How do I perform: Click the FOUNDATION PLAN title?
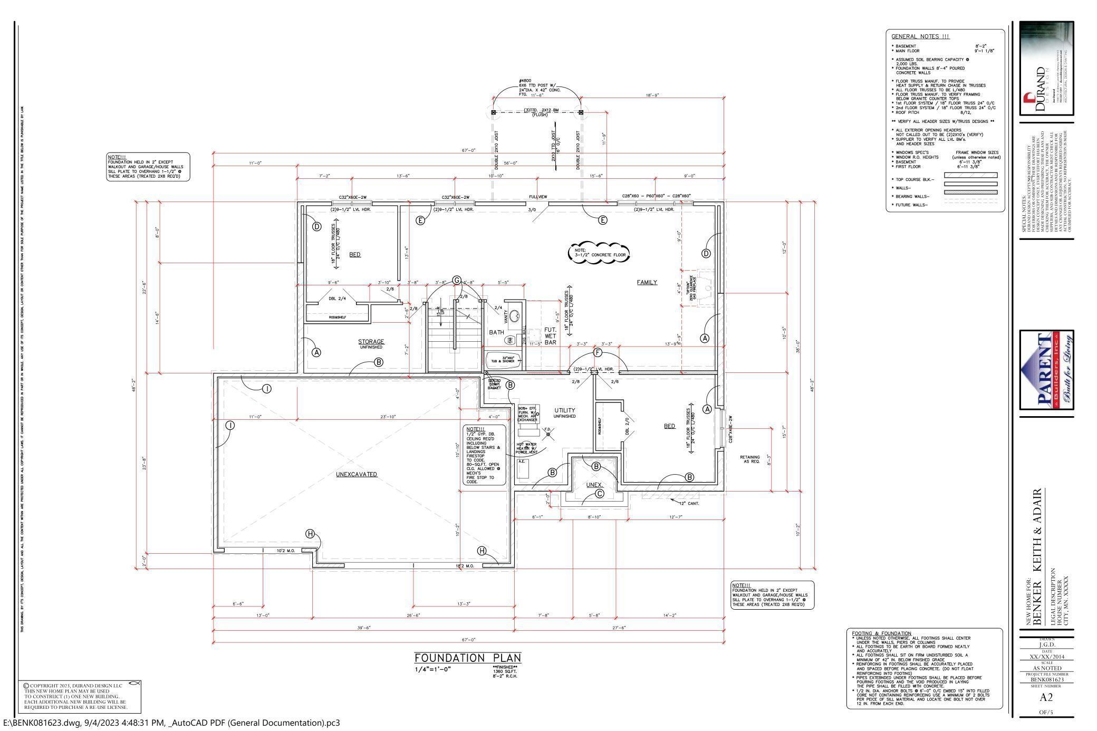467,658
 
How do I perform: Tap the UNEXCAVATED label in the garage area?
357,474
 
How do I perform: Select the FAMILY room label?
647,282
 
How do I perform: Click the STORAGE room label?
371,342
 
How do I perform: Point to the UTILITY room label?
564,410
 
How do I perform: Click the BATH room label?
496,332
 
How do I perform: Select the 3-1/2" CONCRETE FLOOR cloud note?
599,253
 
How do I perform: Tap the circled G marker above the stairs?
457,280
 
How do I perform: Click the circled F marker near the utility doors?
597,352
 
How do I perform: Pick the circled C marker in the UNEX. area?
599,494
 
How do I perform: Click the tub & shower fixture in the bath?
503,360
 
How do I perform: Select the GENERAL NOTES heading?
920,36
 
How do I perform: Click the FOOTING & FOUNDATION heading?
881,633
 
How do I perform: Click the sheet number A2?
1046,697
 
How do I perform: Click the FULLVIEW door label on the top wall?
538,197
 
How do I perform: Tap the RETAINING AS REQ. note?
749,459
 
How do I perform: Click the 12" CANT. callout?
689,503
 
